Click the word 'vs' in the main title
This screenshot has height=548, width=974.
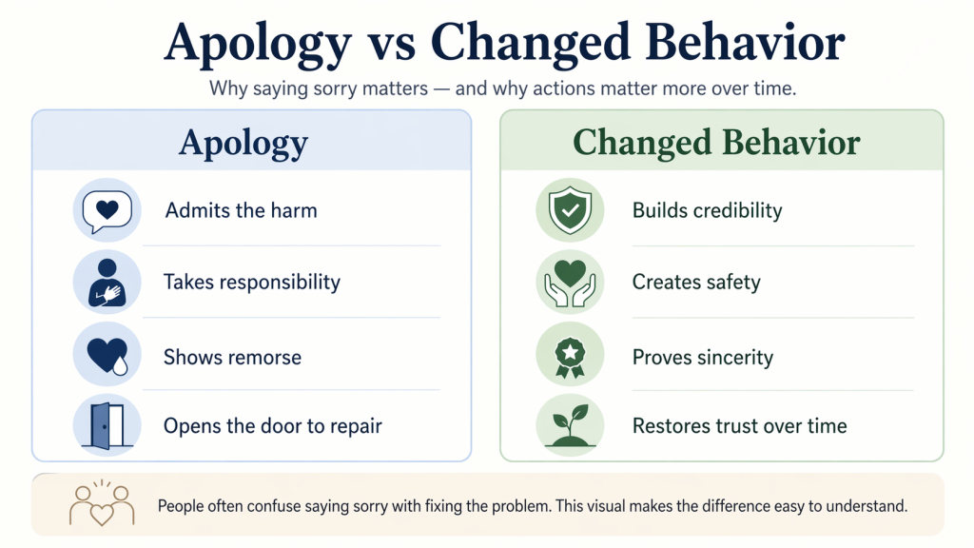tap(390, 42)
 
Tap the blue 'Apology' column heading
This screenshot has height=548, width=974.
tap(243, 143)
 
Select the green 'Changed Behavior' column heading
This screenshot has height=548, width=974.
tap(716, 143)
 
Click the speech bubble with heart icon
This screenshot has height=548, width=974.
tap(107, 210)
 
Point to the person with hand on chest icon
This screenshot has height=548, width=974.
tap(107, 283)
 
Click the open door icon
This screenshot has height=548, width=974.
tap(107, 426)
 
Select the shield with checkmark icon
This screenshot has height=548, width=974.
tap(569, 210)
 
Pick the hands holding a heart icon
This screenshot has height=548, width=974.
tap(569, 283)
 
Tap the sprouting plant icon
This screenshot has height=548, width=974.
tap(569, 426)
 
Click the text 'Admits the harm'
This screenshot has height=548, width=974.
tap(241, 210)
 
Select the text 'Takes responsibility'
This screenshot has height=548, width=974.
tap(251, 283)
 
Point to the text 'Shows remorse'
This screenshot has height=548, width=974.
tap(232, 358)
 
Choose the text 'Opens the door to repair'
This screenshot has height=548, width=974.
tap(272, 426)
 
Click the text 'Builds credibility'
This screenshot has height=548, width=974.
tap(707, 210)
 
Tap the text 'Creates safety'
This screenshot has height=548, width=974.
tap(696, 283)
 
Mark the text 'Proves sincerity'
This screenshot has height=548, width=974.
tap(703, 358)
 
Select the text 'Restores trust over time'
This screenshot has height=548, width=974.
tap(739, 426)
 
